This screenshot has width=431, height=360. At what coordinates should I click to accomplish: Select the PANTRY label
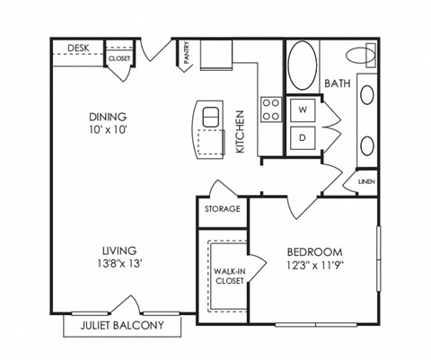click(185, 53)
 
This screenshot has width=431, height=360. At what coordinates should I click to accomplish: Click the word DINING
click(107, 117)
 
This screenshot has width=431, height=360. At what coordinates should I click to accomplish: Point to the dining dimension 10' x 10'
click(107, 131)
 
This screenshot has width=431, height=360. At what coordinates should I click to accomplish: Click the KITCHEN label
click(240, 131)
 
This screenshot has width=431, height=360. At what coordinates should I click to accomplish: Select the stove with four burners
click(271, 110)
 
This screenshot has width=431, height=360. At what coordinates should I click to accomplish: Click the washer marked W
click(303, 110)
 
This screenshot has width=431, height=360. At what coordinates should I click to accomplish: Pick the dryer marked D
click(303, 137)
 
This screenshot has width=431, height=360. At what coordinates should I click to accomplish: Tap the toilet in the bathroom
click(365, 55)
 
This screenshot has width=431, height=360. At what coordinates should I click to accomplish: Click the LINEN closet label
click(365, 181)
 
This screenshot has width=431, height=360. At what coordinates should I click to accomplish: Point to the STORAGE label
click(222, 209)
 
